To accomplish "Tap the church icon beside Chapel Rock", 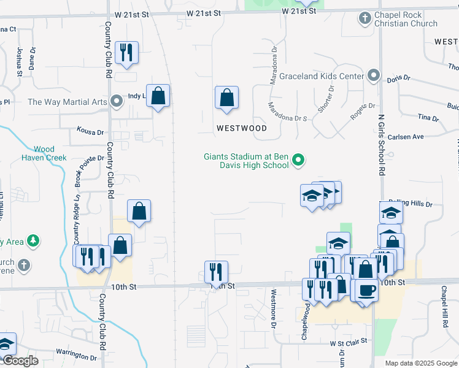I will click(364, 18).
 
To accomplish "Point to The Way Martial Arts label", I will click(67, 102).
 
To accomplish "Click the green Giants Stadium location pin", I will click(298, 161).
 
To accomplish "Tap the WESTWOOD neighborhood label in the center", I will click(241, 128).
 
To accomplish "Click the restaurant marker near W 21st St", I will click(126, 52).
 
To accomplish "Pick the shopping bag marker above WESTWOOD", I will click(226, 98).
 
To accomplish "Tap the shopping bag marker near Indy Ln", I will click(158, 96).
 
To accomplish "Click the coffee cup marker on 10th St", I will click(366, 290).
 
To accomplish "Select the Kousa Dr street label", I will click(90, 131).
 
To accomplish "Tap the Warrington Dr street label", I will click(76, 354).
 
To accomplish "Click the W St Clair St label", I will click(348, 341).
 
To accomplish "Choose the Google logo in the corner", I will click(20, 361).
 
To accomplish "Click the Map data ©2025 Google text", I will click(421, 362).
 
